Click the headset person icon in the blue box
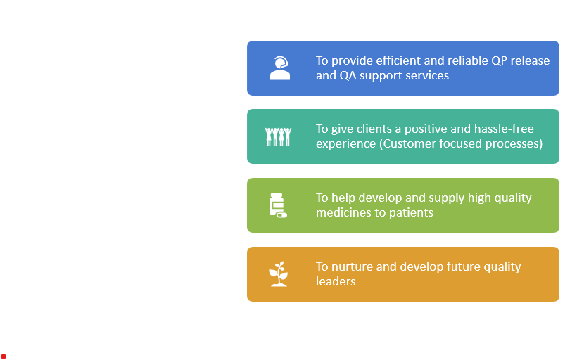[280, 68]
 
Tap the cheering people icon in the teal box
[278, 136]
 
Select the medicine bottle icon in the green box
[278, 205]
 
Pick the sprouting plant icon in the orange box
[278, 274]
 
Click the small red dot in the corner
[4, 356]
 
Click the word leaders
[336, 281]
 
